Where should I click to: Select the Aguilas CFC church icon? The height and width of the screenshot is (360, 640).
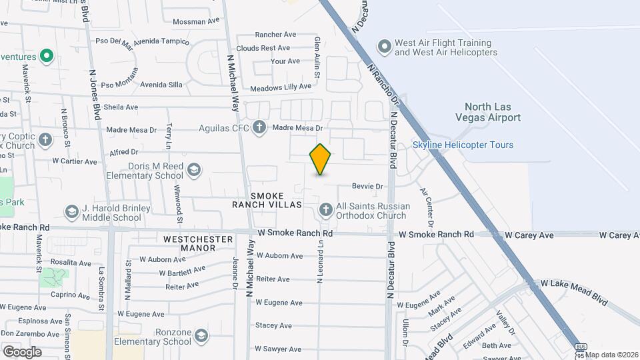tap(259, 127)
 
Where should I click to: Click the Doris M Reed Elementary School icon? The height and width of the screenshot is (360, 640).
tap(194, 169)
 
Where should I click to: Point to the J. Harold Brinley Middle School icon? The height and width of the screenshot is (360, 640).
tap(71, 212)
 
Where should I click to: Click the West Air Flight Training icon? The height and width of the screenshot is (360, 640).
tap(384, 47)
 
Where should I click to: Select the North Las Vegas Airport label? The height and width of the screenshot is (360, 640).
tap(492, 112)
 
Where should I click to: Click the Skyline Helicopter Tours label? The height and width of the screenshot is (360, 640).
tap(463, 145)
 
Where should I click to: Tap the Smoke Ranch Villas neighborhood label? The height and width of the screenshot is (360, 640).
tap(267, 200)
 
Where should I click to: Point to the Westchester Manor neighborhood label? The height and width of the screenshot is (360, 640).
tap(189, 243)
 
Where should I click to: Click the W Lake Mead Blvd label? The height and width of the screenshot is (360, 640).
tap(574, 292)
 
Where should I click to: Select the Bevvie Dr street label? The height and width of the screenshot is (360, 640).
tap(368, 187)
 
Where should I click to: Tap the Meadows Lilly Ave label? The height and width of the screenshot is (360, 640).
tap(281, 87)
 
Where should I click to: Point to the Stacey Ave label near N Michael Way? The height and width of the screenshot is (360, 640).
tap(273, 325)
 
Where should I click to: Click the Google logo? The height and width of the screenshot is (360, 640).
tap(21, 351)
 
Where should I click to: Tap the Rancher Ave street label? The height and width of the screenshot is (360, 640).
tap(275, 35)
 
